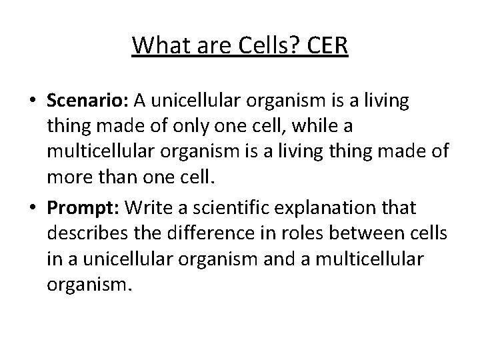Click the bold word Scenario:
pos(88,101)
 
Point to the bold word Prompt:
pos(83,209)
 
